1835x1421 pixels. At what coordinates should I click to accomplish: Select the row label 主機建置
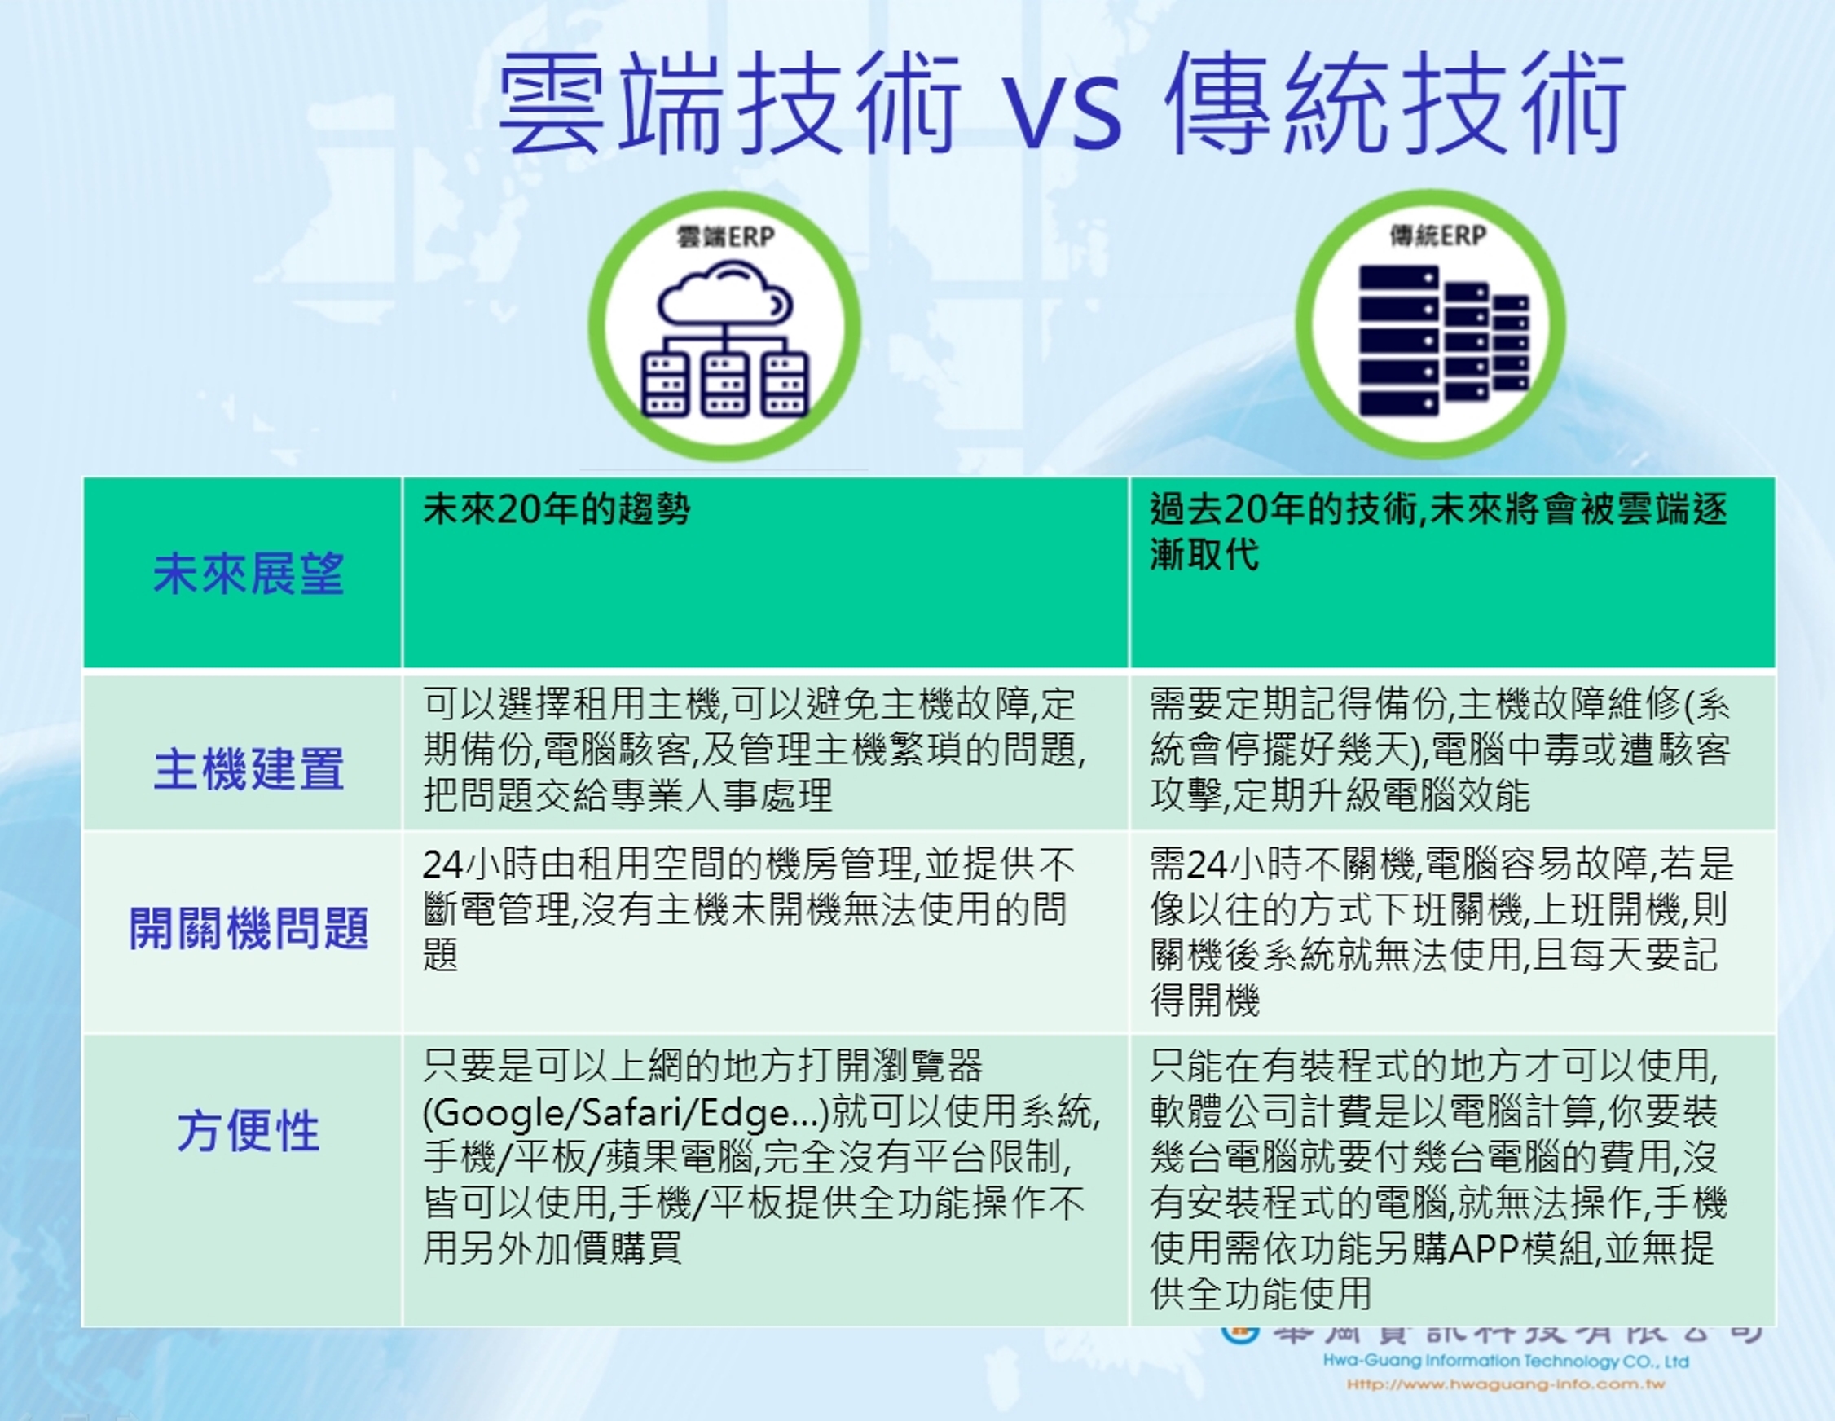[x=248, y=770]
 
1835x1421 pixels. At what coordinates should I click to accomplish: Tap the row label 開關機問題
[x=248, y=929]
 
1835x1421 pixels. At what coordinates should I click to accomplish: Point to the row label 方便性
[x=248, y=1131]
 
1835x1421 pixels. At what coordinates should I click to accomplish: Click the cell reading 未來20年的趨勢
[x=557, y=510]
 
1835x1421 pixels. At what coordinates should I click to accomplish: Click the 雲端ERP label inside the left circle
[x=724, y=238]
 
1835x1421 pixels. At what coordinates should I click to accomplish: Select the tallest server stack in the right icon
[x=1398, y=341]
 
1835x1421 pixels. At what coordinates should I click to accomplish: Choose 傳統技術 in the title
[x=1395, y=105]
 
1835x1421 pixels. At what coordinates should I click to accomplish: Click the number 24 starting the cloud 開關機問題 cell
[x=442, y=864]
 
